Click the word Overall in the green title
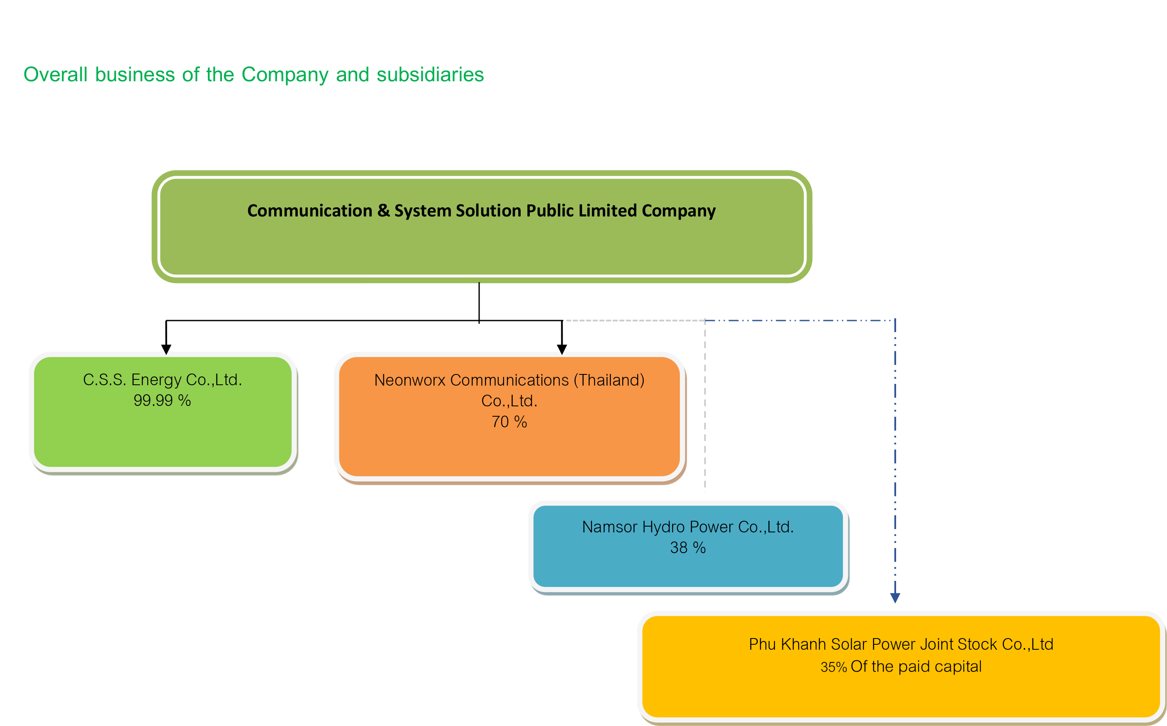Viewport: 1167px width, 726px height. pos(56,75)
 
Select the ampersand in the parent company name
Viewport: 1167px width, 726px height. pos(383,211)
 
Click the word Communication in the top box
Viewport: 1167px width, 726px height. pos(309,211)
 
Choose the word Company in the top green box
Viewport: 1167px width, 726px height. pos(678,211)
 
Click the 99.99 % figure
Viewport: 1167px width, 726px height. pos(162,401)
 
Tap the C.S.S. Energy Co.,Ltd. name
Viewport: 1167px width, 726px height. pos(162,380)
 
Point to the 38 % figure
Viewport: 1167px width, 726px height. pos(687,548)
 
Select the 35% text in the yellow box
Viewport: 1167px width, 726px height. pos(833,668)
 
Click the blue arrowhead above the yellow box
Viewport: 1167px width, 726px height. pos(894,598)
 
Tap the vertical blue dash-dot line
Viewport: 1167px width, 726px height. pos(894,456)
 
